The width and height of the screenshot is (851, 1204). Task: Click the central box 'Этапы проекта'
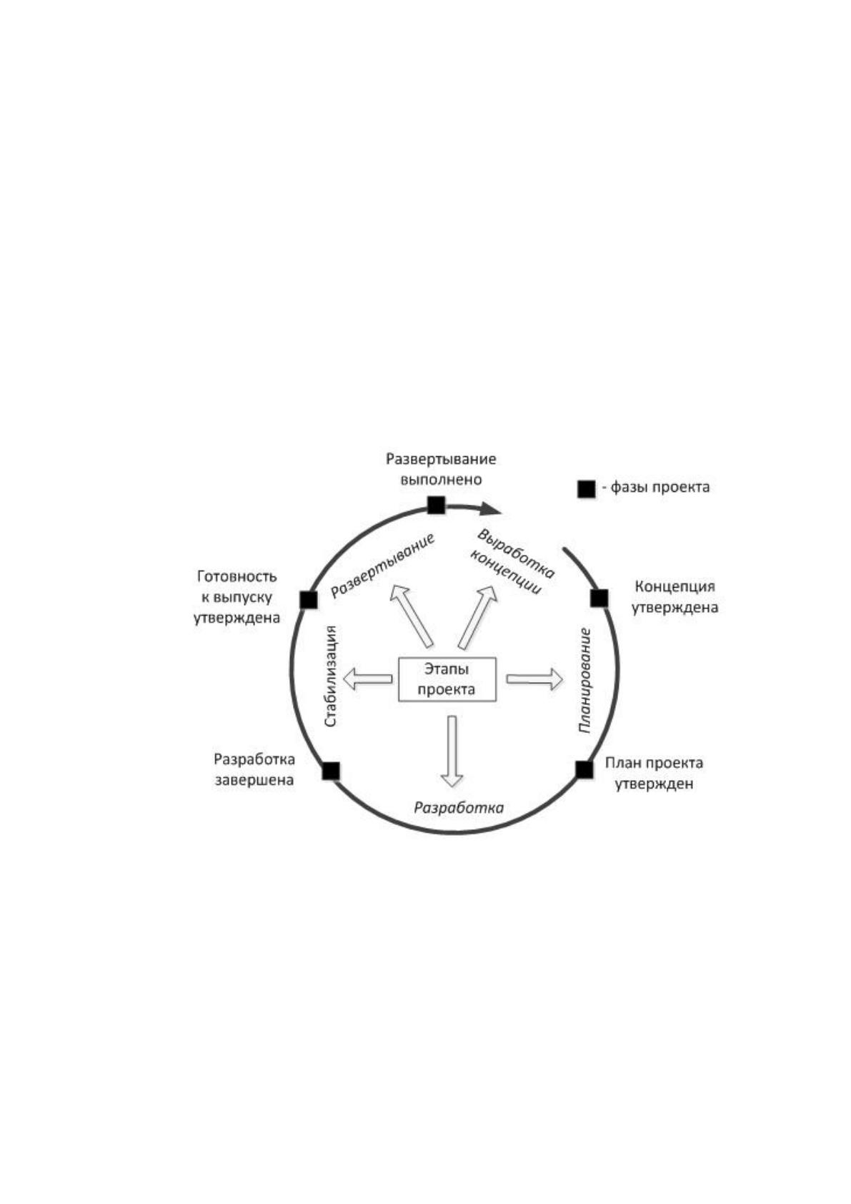click(x=447, y=679)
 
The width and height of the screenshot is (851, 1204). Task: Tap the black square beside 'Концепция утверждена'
click(x=599, y=598)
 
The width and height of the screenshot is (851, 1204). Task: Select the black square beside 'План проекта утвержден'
click(x=584, y=770)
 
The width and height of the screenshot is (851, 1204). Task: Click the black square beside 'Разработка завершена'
click(x=331, y=771)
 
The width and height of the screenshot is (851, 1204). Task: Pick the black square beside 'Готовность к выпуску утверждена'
click(x=309, y=600)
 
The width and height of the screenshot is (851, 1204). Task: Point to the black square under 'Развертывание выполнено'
click(x=436, y=505)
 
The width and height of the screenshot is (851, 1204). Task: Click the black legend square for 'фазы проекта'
click(x=586, y=489)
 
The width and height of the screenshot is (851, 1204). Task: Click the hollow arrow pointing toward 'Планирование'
click(x=534, y=679)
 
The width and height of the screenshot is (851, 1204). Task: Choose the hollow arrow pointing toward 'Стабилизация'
click(x=367, y=679)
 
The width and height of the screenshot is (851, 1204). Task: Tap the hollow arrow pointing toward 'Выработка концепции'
click(x=477, y=617)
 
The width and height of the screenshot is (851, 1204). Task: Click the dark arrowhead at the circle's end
click(x=491, y=508)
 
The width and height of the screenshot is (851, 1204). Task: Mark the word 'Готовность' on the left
click(x=237, y=577)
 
